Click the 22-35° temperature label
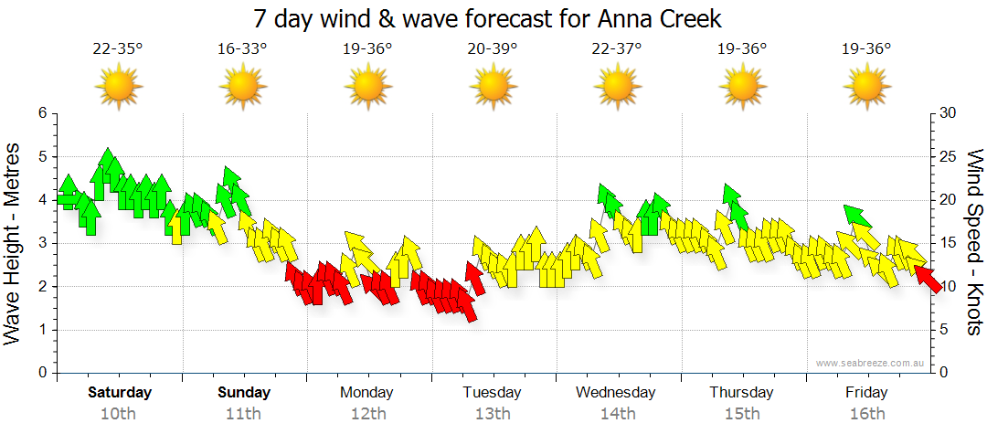coord(118,48)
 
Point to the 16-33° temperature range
coord(242,48)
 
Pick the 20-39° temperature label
coord(493,48)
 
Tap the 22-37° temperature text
coord(618,48)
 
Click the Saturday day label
coord(120,393)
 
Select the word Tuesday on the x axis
coord(492,393)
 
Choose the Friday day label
coord(865,393)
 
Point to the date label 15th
coord(741,414)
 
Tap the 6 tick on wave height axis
coord(42,113)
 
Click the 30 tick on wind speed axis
coord(948,113)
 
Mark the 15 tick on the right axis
coord(948,243)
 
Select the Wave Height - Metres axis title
coord(14,243)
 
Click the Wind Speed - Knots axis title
coord(974,243)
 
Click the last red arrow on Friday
coord(929,278)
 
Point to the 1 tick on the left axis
coord(42,330)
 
